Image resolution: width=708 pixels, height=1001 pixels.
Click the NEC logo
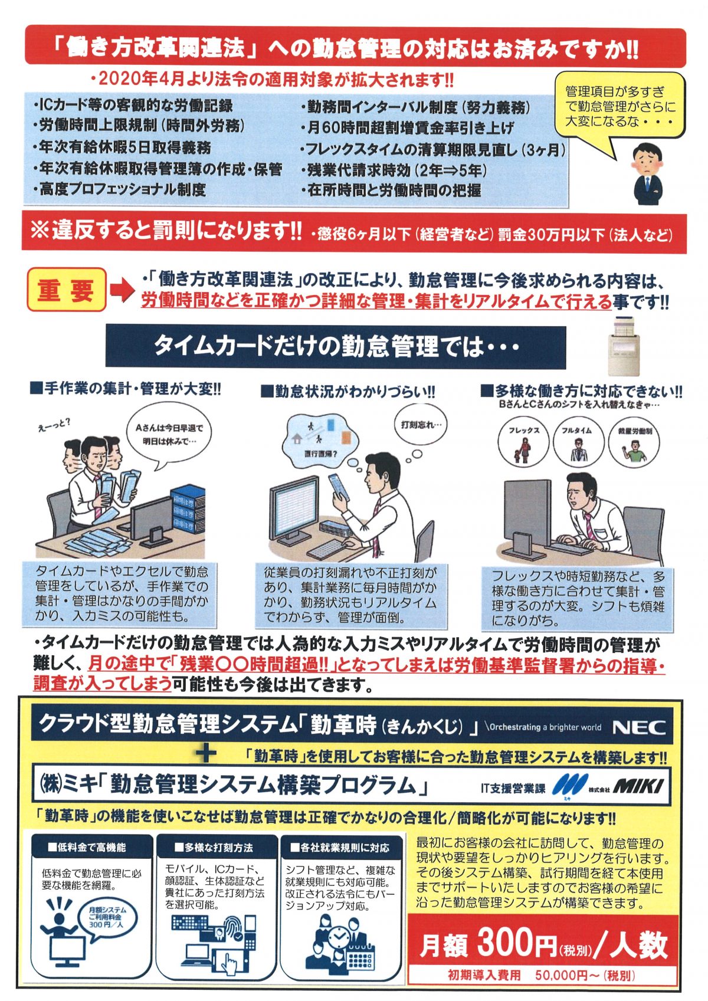639,728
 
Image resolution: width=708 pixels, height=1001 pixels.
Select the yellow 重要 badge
66,290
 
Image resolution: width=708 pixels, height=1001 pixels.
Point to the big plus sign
206,755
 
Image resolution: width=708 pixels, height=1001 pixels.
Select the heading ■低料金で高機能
87,847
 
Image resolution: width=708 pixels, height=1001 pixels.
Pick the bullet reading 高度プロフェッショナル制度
119,189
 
